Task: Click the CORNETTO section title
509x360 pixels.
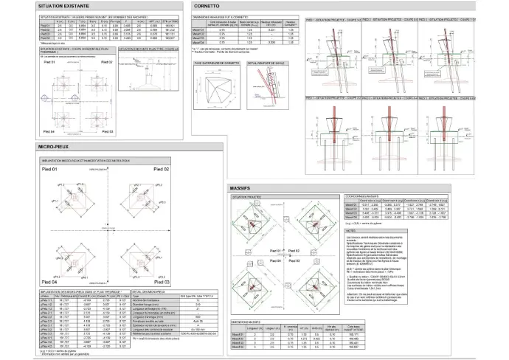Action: coord(208,5)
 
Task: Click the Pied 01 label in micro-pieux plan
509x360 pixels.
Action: coord(51,170)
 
